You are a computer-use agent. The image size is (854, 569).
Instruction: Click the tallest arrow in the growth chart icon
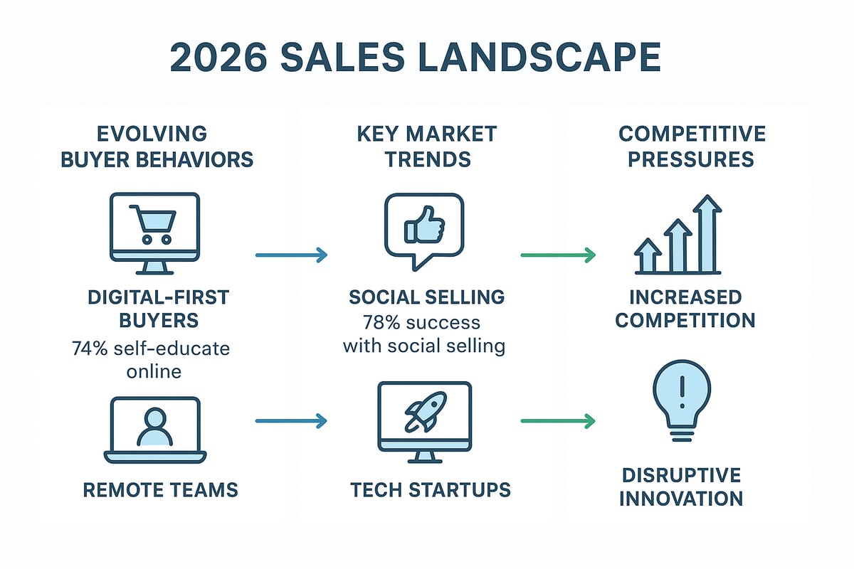click(x=707, y=235)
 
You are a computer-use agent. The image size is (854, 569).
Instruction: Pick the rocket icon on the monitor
click(x=425, y=413)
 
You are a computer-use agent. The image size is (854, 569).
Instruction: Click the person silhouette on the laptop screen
click(x=155, y=425)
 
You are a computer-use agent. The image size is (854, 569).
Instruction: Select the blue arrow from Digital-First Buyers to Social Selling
click(x=290, y=255)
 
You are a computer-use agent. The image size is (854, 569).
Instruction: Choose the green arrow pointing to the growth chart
click(x=558, y=255)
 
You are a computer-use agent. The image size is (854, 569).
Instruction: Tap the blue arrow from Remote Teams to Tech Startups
click(x=290, y=421)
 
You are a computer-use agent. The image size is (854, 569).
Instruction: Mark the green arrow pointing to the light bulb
click(x=558, y=421)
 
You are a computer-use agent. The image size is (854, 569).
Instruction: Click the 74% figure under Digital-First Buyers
click(x=90, y=349)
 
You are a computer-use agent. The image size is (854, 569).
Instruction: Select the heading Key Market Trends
click(x=428, y=146)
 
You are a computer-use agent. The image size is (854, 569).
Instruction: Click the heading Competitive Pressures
click(x=692, y=146)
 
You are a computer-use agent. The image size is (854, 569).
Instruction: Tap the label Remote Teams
click(x=161, y=489)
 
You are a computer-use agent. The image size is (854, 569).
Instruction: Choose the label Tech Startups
click(x=430, y=489)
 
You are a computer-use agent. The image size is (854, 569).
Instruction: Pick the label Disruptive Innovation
click(x=681, y=486)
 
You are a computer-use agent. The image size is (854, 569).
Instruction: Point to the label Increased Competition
click(x=685, y=308)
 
